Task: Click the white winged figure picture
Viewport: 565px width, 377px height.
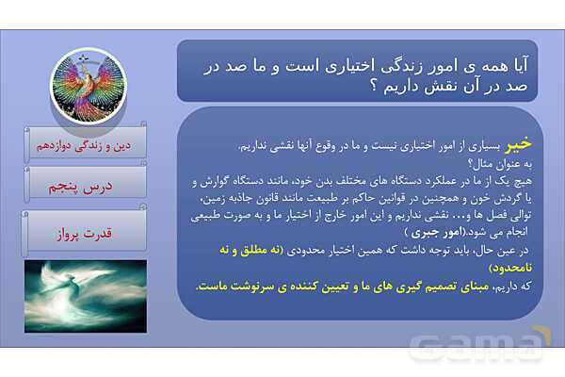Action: (85, 296)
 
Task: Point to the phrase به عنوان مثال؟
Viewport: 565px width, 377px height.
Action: (507, 163)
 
